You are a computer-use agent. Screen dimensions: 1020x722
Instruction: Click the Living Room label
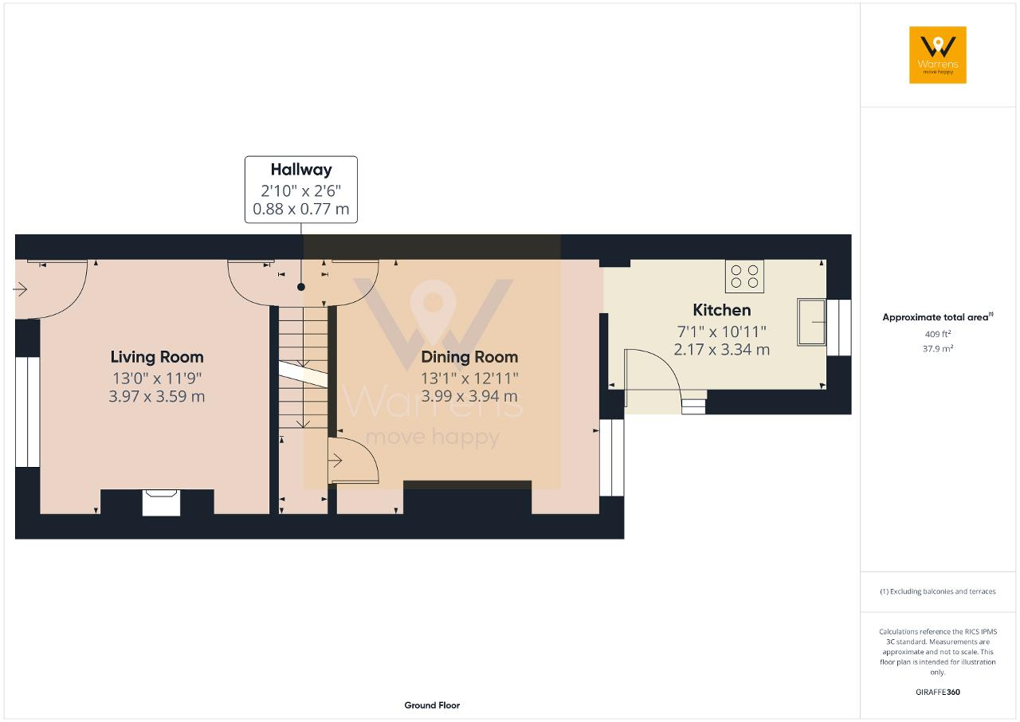pos(157,357)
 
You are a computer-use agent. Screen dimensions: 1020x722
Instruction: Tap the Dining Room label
pos(469,357)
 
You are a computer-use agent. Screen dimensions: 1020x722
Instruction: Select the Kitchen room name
pos(722,310)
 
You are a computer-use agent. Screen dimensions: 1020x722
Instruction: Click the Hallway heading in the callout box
pos(301,170)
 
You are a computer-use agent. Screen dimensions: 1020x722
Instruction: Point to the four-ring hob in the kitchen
pos(744,277)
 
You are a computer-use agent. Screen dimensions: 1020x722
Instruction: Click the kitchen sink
pos(811,322)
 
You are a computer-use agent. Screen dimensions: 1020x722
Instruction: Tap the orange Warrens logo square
pos(938,55)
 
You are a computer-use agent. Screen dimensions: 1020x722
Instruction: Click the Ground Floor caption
pos(432,705)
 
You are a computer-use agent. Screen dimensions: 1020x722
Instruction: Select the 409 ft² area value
pos(938,334)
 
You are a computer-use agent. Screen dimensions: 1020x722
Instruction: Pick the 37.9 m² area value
pos(938,348)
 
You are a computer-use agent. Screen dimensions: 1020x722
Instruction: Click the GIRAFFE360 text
pos(938,692)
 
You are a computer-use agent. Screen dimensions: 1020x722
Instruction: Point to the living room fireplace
pos(161,503)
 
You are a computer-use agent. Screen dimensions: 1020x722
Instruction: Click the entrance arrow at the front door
pos(20,289)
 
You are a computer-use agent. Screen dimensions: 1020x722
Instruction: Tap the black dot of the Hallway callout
pos(301,287)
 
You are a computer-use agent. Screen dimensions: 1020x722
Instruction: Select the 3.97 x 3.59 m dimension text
pos(157,396)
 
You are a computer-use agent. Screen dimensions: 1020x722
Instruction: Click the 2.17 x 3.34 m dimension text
pos(722,350)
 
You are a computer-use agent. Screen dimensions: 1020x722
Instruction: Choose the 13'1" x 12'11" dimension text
pos(469,378)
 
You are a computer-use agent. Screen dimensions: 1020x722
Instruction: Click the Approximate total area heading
pos(938,317)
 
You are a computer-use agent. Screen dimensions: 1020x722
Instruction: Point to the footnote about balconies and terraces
pos(938,591)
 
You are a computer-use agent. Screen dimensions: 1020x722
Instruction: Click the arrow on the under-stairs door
pos(335,461)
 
